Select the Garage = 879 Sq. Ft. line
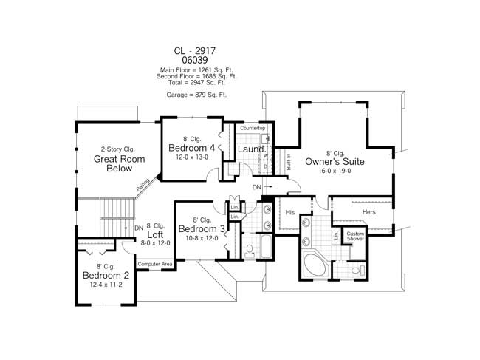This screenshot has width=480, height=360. [x=196, y=95]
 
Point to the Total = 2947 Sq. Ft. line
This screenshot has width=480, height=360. [x=196, y=82]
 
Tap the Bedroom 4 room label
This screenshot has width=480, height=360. [x=191, y=147]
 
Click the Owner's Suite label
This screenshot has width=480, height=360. [x=336, y=160]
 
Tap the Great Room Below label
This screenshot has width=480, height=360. [x=113, y=164]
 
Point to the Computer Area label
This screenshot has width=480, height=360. [x=155, y=264]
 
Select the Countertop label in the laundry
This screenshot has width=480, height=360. [x=253, y=129]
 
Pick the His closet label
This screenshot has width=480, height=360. [x=290, y=212]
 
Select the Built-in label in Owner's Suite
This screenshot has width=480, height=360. [x=288, y=162]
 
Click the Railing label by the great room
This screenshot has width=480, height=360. [x=143, y=185]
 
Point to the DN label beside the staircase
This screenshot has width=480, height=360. [x=139, y=228]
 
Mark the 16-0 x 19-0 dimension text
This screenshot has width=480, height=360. [x=336, y=171]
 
